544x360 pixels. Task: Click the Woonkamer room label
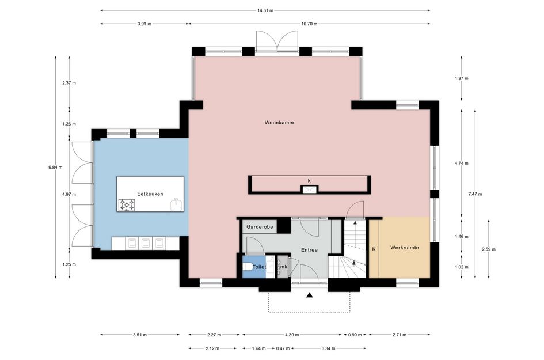279,123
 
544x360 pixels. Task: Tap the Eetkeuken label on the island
150,194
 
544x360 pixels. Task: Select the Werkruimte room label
405,248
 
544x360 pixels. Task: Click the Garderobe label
260,227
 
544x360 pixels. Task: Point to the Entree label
309,250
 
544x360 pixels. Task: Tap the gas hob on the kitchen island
127,205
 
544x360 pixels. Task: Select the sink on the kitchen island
177,205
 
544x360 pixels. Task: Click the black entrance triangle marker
310,295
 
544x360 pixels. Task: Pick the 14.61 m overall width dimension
265,10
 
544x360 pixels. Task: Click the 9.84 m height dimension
55,167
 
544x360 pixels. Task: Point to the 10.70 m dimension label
309,24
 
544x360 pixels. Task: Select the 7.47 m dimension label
475,194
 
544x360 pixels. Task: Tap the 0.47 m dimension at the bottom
283,348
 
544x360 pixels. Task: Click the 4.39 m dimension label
292,335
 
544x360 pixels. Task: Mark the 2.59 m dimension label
489,249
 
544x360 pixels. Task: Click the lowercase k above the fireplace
309,181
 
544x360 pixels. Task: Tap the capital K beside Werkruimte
374,249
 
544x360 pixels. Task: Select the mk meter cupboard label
283,267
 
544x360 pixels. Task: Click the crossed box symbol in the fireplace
309,189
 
